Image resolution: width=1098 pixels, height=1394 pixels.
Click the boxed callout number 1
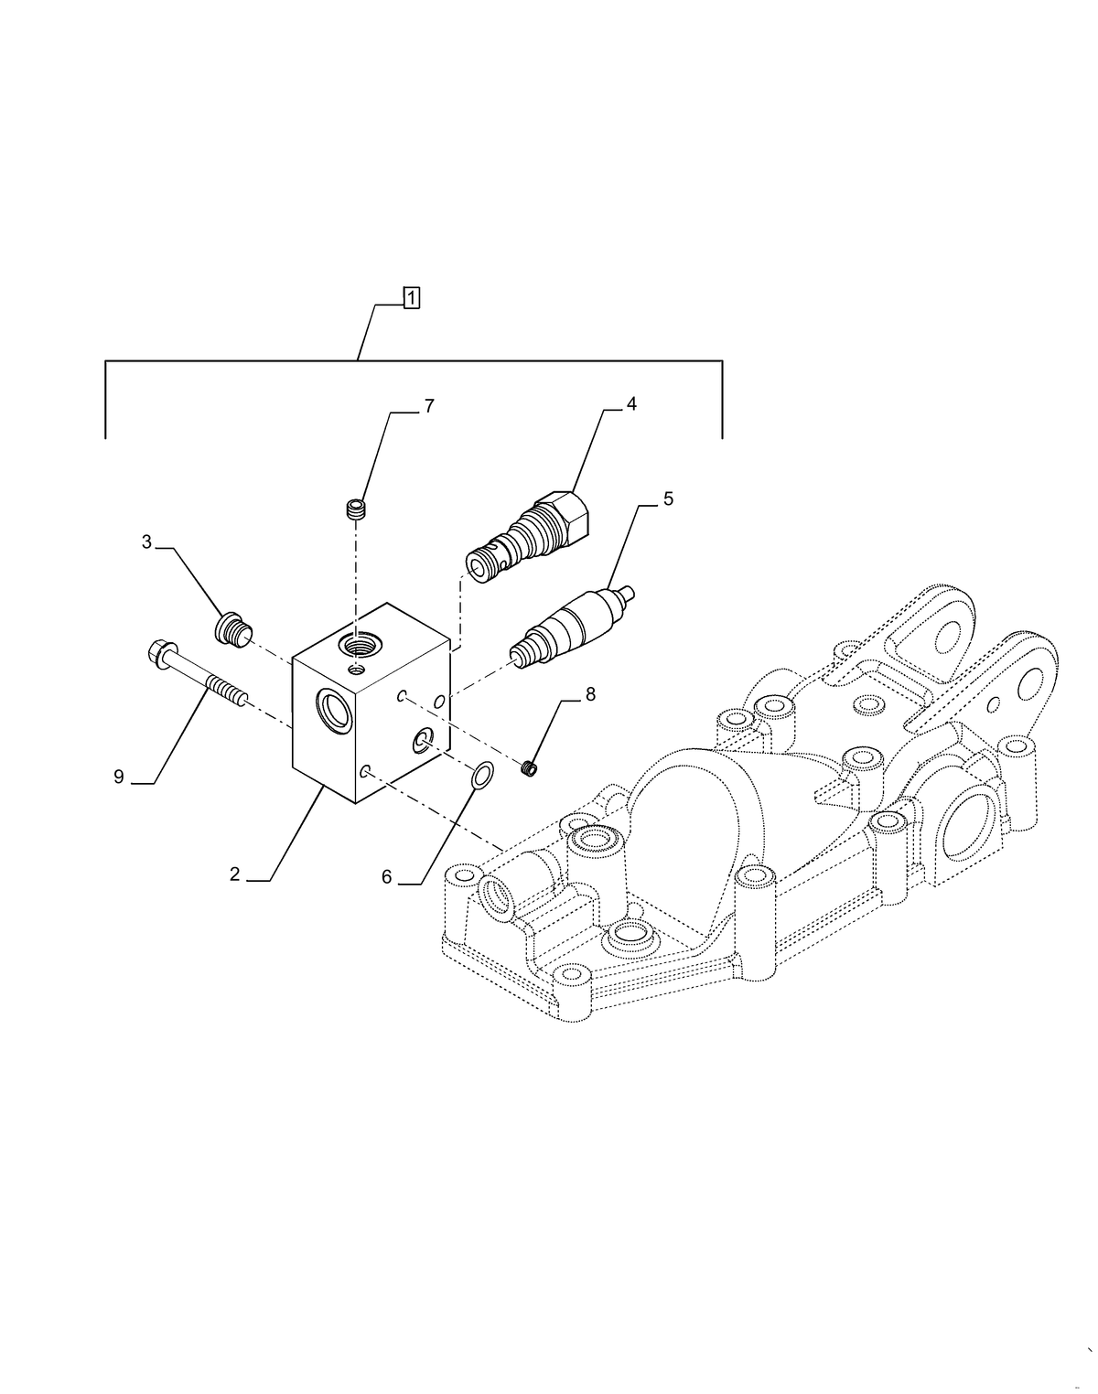[412, 297]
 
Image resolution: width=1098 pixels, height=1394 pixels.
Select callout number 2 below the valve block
[235, 874]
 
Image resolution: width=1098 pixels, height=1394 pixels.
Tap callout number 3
[146, 542]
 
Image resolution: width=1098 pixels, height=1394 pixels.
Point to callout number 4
[631, 404]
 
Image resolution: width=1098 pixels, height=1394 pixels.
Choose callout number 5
[668, 499]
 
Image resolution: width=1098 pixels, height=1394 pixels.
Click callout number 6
[386, 877]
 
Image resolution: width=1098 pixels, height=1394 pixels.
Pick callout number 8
[590, 694]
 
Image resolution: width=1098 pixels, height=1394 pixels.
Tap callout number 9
[119, 777]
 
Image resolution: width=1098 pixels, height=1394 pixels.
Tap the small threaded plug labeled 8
[529, 769]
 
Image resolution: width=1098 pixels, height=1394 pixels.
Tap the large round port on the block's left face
[330, 711]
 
